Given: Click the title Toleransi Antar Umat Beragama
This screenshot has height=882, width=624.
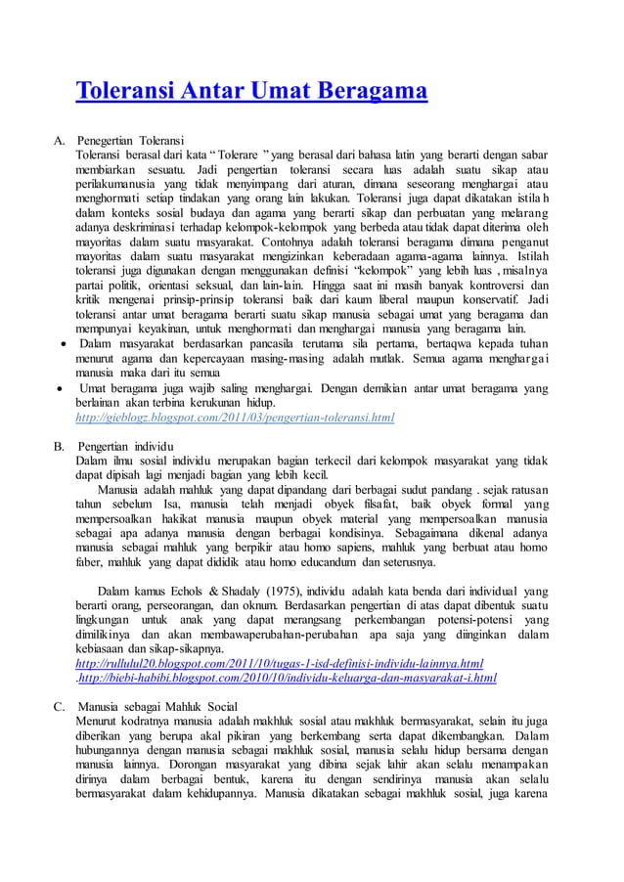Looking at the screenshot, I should tap(252, 93).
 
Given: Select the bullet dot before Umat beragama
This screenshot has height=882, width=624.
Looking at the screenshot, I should tap(61, 389).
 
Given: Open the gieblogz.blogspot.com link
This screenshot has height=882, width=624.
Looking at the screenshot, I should tap(235, 419).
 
